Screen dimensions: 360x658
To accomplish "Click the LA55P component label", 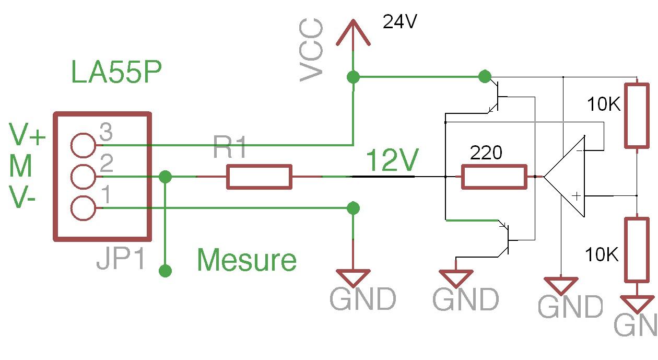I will click(116, 73).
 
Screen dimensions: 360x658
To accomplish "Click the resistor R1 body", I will click(259, 177).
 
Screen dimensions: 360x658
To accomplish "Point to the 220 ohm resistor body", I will click(494, 177).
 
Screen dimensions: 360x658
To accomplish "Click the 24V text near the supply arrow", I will click(400, 21).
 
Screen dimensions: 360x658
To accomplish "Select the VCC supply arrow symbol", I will click(354, 34).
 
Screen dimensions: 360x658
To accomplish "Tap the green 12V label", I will click(392, 161).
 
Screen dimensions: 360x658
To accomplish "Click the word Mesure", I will click(247, 260).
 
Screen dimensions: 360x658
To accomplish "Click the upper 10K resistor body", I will click(638, 115).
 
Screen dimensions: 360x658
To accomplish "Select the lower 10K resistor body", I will click(638, 250).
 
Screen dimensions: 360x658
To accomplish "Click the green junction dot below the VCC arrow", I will click(354, 77).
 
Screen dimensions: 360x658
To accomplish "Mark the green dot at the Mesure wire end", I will click(166, 271).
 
